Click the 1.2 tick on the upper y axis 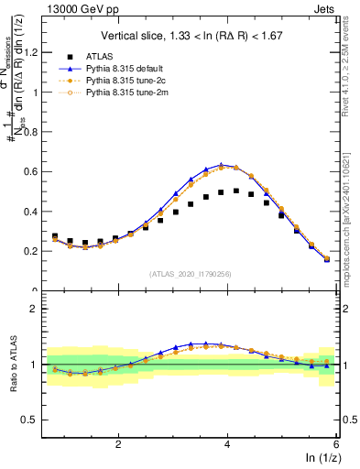tap(37, 53)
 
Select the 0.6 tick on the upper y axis tap(37, 171)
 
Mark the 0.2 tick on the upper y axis tap(37, 251)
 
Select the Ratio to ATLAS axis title tap(12, 361)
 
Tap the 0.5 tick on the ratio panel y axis tap(37, 420)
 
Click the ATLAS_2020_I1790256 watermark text tap(191, 273)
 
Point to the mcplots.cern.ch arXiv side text tap(352, 214)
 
